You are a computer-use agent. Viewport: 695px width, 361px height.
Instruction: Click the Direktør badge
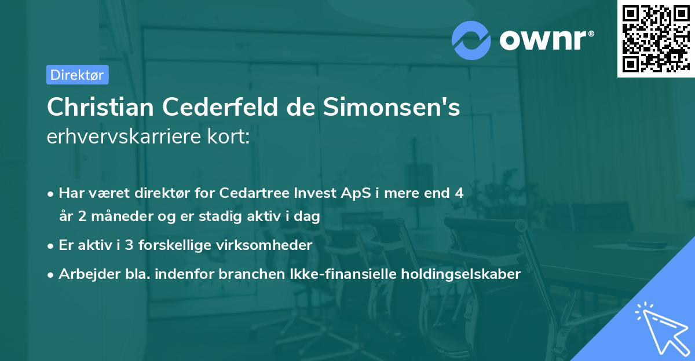(x=77, y=75)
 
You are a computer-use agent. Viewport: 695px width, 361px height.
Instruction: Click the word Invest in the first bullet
(x=295, y=193)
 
